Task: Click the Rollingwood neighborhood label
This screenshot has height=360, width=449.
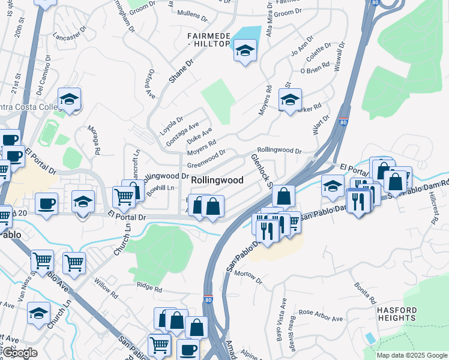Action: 217,180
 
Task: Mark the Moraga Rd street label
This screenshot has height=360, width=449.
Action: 97,140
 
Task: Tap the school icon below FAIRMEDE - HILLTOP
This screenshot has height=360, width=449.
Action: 245,52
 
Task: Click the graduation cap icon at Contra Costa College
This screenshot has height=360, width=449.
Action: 69,98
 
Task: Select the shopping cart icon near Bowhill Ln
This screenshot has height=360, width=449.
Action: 123,196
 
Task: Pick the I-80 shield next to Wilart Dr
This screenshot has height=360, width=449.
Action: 343,122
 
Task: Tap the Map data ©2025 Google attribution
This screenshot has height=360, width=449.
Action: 412,355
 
